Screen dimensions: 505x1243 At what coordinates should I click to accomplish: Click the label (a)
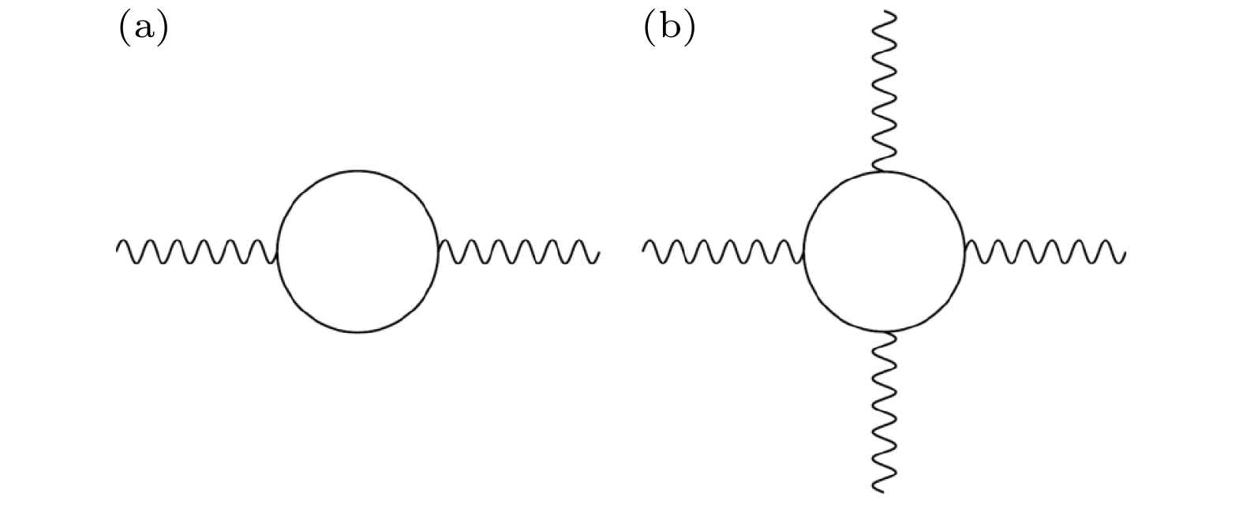[x=144, y=29]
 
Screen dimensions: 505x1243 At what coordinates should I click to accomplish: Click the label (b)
[x=669, y=29]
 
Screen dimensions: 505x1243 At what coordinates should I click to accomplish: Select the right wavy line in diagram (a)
[x=519, y=252]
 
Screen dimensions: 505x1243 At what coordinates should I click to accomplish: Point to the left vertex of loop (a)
[x=278, y=252]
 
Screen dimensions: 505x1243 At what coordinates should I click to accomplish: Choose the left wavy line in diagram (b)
[x=723, y=252]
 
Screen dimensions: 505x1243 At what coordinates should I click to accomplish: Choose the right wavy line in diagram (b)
[x=1044, y=252]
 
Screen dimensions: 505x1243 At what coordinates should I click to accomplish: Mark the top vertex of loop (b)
[x=883, y=170]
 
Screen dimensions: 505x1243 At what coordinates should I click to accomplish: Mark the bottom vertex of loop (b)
[x=885, y=331]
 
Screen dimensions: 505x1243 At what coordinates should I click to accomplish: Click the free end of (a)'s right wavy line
[x=600, y=252]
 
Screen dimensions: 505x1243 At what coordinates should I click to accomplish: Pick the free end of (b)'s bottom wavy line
[x=882, y=491]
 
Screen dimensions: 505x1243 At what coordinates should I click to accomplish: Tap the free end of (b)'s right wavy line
[x=1125, y=253]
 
